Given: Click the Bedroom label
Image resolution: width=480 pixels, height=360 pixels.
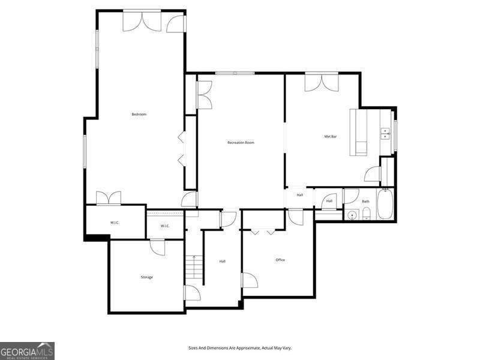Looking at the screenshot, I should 139,114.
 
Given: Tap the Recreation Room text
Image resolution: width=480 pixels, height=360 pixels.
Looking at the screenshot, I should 241,142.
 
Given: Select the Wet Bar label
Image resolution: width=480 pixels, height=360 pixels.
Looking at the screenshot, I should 331,136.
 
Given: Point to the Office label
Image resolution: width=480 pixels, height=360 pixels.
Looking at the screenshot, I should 280,260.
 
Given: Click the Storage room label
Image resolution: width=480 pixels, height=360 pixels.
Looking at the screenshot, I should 147,277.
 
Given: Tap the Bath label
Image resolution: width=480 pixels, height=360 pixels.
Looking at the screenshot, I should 365,202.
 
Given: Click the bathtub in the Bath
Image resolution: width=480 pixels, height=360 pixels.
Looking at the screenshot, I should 385,205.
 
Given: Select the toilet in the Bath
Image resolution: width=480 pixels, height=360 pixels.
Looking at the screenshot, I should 365,214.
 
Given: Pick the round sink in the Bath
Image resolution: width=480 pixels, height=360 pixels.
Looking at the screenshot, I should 352,214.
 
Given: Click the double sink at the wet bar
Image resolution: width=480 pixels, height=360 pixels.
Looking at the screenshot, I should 385,133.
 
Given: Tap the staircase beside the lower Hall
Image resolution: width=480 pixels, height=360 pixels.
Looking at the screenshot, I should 194,268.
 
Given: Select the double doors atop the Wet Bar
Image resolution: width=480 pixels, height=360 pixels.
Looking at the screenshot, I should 321,82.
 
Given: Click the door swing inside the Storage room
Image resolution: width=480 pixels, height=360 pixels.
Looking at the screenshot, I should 158,247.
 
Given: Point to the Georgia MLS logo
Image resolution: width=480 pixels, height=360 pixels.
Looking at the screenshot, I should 27,350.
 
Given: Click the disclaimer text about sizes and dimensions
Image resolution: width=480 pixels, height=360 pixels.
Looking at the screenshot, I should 240,348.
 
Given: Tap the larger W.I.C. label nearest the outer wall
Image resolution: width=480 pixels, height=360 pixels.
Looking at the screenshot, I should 115,223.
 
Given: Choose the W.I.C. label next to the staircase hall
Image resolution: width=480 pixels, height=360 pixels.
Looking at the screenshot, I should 165,226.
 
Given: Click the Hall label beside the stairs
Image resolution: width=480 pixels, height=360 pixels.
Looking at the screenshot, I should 223,261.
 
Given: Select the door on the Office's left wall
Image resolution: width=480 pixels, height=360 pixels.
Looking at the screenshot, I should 249,280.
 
